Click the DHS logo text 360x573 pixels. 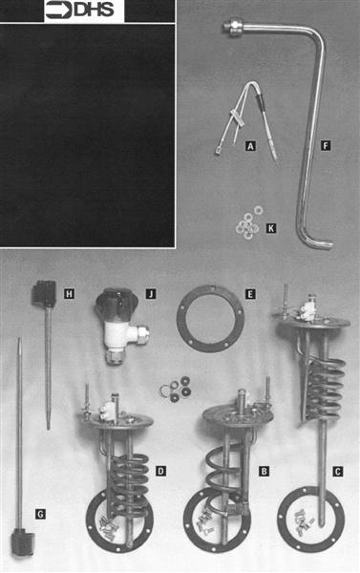point(95,10)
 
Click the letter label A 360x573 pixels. point(250,146)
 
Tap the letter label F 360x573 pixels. point(326,146)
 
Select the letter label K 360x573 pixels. point(271,228)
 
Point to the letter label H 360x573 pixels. point(69,293)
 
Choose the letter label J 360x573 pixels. point(151,293)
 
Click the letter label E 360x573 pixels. point(250,294)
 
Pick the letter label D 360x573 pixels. point(160,471)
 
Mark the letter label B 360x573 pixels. point(264,471)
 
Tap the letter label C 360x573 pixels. point(337,472)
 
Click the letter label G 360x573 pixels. point(40,514)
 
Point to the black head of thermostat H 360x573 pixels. point(44,293)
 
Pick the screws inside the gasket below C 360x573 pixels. point(304,520)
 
